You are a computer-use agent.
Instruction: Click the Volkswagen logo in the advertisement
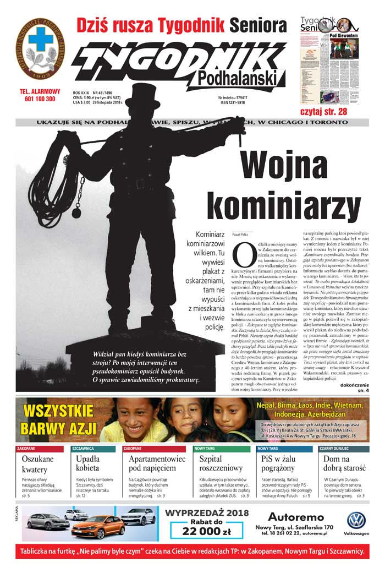point(356,521)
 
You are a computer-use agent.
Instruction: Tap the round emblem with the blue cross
point(40,48)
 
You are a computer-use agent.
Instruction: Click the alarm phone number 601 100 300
point(40,99)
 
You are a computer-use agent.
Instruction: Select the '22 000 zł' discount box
point(206,531)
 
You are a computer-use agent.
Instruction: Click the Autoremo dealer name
point(299,517)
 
